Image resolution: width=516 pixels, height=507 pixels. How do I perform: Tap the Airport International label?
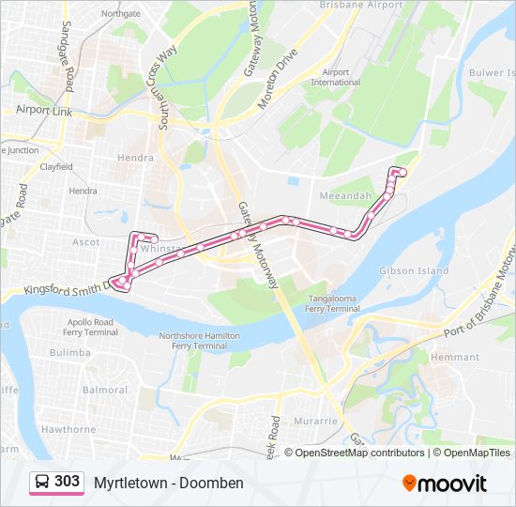point(335,77)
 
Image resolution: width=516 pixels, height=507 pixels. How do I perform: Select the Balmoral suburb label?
point(105,390)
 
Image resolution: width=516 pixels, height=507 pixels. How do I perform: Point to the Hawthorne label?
point(68,429)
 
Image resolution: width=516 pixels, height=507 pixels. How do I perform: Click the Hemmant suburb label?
point(453,358)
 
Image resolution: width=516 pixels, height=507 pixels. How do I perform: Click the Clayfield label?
point(56,166)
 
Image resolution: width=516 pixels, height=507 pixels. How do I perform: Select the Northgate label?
point(120,14)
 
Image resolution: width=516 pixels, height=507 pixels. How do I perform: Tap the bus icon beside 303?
point(42,482)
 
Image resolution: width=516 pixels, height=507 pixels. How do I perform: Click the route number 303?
point(67,482)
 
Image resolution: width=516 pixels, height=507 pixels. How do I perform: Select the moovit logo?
point(445,484)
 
